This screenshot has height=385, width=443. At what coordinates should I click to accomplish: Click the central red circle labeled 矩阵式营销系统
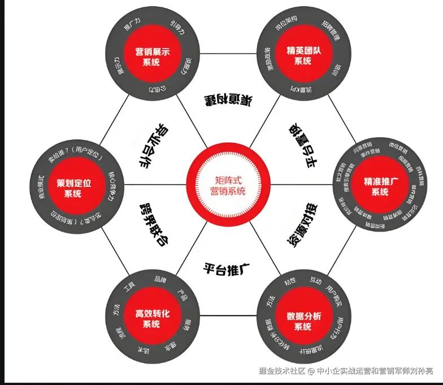point(221,184)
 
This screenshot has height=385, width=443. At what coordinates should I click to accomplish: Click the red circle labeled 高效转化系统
point(152,318)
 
